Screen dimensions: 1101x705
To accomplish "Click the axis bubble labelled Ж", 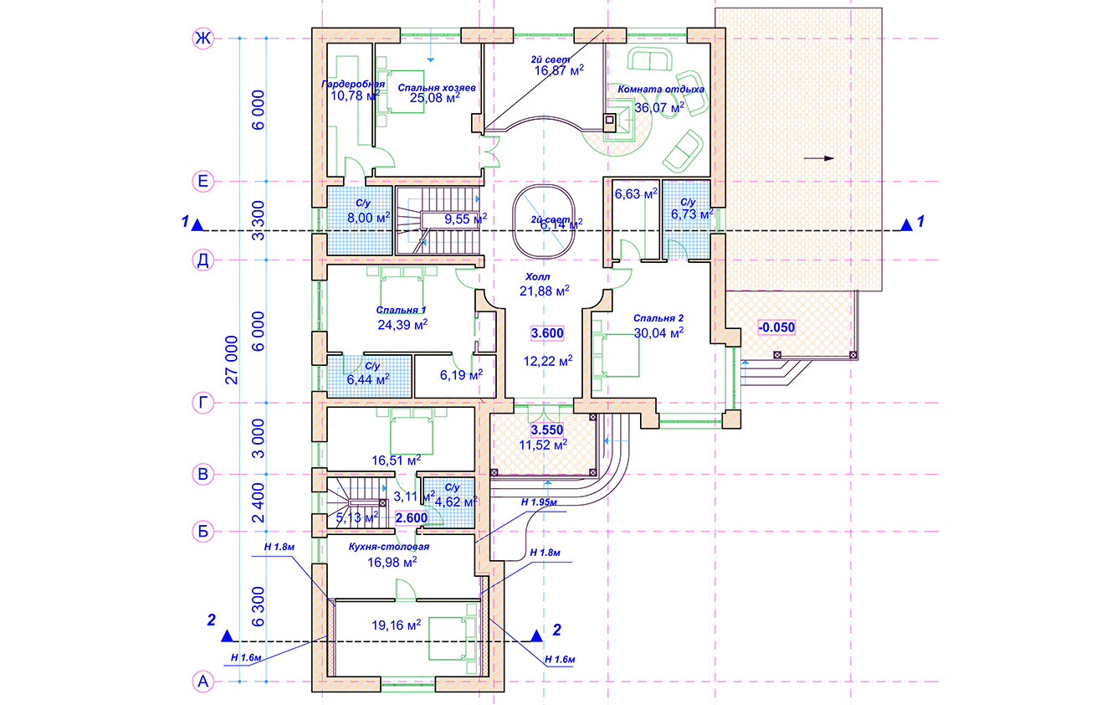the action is coord(202,38).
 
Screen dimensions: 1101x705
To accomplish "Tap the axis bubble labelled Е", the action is coord(202,181).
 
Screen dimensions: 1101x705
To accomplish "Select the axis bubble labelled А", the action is coord(202,682).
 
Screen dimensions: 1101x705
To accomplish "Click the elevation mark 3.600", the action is coord(547,333).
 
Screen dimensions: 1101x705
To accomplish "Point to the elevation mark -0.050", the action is coord(776,327).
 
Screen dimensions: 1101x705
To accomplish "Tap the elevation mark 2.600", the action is coord(412,517).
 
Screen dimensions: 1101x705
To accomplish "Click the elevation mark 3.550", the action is coord(547,430).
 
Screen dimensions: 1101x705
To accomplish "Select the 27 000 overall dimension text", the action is coord(232,360).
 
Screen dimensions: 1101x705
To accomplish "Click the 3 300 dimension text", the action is coord(258,220).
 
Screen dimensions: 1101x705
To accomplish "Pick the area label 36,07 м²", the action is coord(659,107).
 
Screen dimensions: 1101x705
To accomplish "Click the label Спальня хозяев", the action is coord(437,88).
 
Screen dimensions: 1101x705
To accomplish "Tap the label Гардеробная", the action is coord(353,84).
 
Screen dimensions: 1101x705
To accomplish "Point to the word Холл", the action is coord(538,276).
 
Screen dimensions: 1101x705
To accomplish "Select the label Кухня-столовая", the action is coord(389,547).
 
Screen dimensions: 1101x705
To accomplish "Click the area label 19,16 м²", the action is coord(397,625).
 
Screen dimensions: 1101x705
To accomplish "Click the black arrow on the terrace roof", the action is coord(819,158).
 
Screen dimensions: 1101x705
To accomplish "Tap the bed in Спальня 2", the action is coord(616,356).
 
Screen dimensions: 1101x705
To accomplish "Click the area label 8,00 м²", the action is coord(369,217).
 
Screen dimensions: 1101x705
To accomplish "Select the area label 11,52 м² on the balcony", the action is coord(543,445).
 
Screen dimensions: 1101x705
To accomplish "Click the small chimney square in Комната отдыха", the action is coord(609,119).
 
